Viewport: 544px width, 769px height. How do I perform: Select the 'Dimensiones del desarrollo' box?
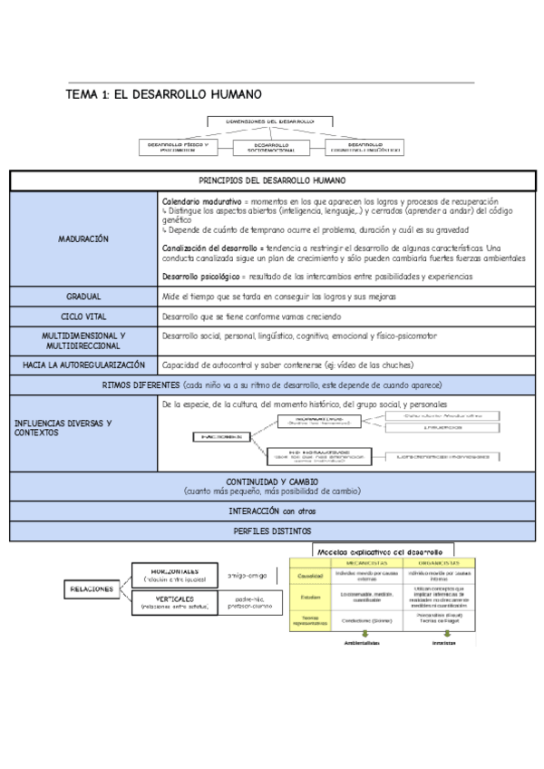tap(271, 120)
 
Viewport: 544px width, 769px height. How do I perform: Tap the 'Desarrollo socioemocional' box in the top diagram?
tap(272, 145)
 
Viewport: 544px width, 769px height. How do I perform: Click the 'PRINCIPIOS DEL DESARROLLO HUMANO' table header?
tap(272, 180)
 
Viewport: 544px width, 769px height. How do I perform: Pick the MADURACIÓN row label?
tap(83, 238)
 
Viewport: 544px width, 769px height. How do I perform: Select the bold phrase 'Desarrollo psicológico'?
tap(200, 275)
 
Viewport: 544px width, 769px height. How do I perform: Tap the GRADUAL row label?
tap(83, 297)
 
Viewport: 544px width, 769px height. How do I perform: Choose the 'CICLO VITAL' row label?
tap(83, 316)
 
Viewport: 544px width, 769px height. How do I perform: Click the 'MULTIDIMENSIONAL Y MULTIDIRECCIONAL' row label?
tap(83, 340)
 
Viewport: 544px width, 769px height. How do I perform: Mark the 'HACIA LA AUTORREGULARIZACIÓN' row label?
tap(83, 365)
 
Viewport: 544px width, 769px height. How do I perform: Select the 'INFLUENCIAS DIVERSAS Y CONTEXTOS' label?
tap(63, 427)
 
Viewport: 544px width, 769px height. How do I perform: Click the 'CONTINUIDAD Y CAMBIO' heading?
tap(271, 481)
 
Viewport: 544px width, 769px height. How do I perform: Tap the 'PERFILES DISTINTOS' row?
tap(271, 531)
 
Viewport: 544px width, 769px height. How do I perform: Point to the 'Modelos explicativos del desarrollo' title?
tap(378, 550)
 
